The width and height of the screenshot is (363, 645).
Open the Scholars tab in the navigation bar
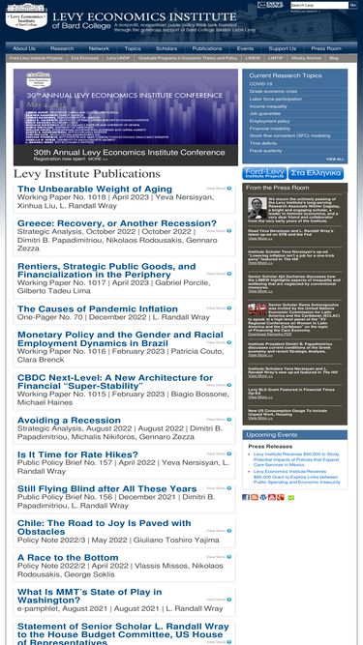166,47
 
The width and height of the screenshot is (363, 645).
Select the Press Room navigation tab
326,47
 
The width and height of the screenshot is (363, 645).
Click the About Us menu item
23,47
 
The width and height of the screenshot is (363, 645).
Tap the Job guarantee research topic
265,113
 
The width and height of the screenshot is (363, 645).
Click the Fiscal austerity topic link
265,151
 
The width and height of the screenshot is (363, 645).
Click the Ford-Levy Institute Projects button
264,172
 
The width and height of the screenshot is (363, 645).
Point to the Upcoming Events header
272,435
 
